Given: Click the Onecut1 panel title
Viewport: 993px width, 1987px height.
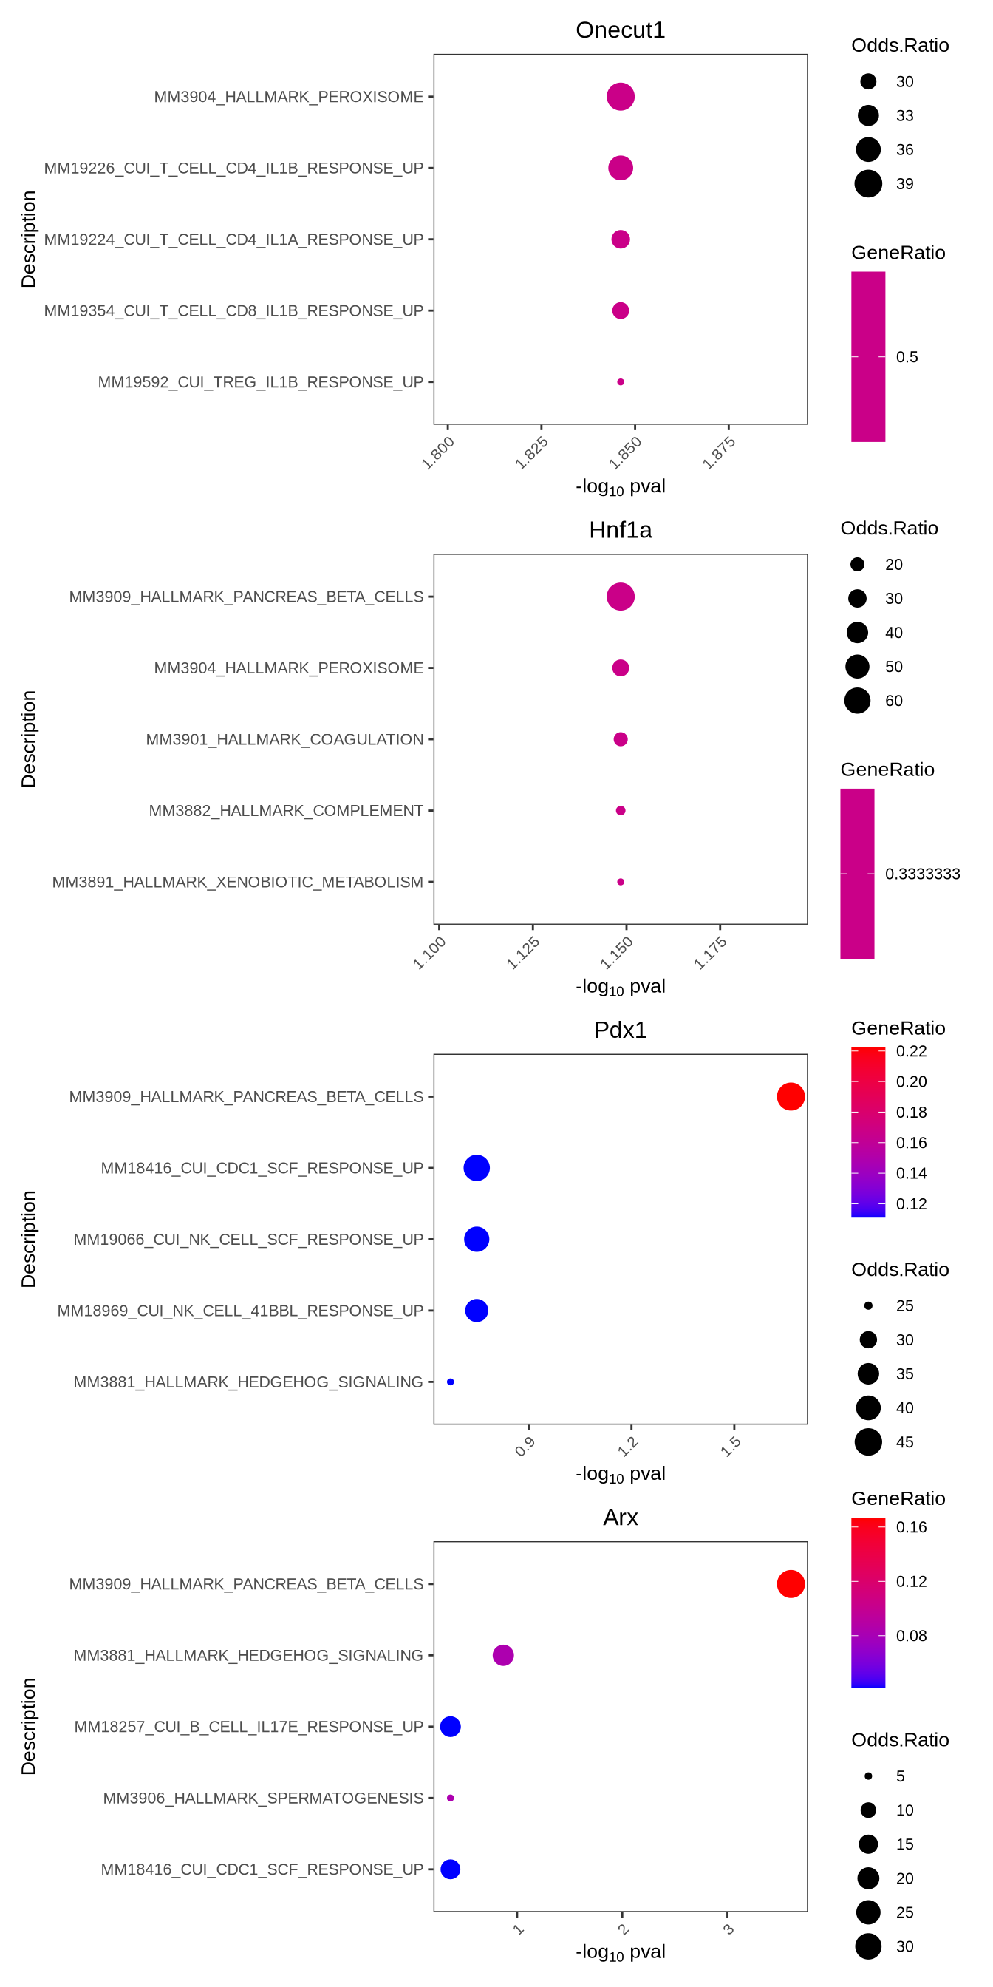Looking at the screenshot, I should (620, 30).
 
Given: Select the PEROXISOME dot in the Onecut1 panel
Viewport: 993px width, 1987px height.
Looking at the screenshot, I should (620, 96).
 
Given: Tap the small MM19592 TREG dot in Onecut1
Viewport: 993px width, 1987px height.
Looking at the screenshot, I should (620, 382).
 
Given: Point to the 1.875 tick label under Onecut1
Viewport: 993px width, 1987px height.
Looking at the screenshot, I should (719, 453).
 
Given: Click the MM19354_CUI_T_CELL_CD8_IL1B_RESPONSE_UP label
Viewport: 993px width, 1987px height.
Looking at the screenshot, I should (233, 311).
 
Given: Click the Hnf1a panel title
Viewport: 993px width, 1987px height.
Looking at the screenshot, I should (620, 530).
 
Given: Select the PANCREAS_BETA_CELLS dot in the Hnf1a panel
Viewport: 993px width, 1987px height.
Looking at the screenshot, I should (620, 597).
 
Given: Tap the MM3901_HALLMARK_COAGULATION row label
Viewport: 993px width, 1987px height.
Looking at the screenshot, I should (284, 739).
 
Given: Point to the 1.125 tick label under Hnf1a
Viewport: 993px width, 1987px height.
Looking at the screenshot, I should (522, 953).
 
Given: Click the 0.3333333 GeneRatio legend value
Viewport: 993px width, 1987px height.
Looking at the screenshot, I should (922, 874).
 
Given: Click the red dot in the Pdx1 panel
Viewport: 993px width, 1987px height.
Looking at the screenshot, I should (791, 1096).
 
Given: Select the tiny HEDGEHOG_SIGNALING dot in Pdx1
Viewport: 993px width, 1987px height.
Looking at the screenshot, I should (450, 1382).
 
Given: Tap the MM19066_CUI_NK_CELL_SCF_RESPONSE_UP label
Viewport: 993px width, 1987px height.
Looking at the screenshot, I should (248, 1239).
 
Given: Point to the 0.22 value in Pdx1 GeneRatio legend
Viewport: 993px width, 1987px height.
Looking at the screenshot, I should (911, 1051).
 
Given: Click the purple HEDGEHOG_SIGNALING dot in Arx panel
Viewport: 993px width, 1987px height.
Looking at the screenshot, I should (502, 1654).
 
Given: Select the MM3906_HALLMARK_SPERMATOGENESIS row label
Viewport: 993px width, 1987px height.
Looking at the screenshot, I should (263, 1798).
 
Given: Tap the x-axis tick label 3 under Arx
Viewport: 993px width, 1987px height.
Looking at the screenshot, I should (728, 1929).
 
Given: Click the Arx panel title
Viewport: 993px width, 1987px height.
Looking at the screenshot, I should (620, 1518).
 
